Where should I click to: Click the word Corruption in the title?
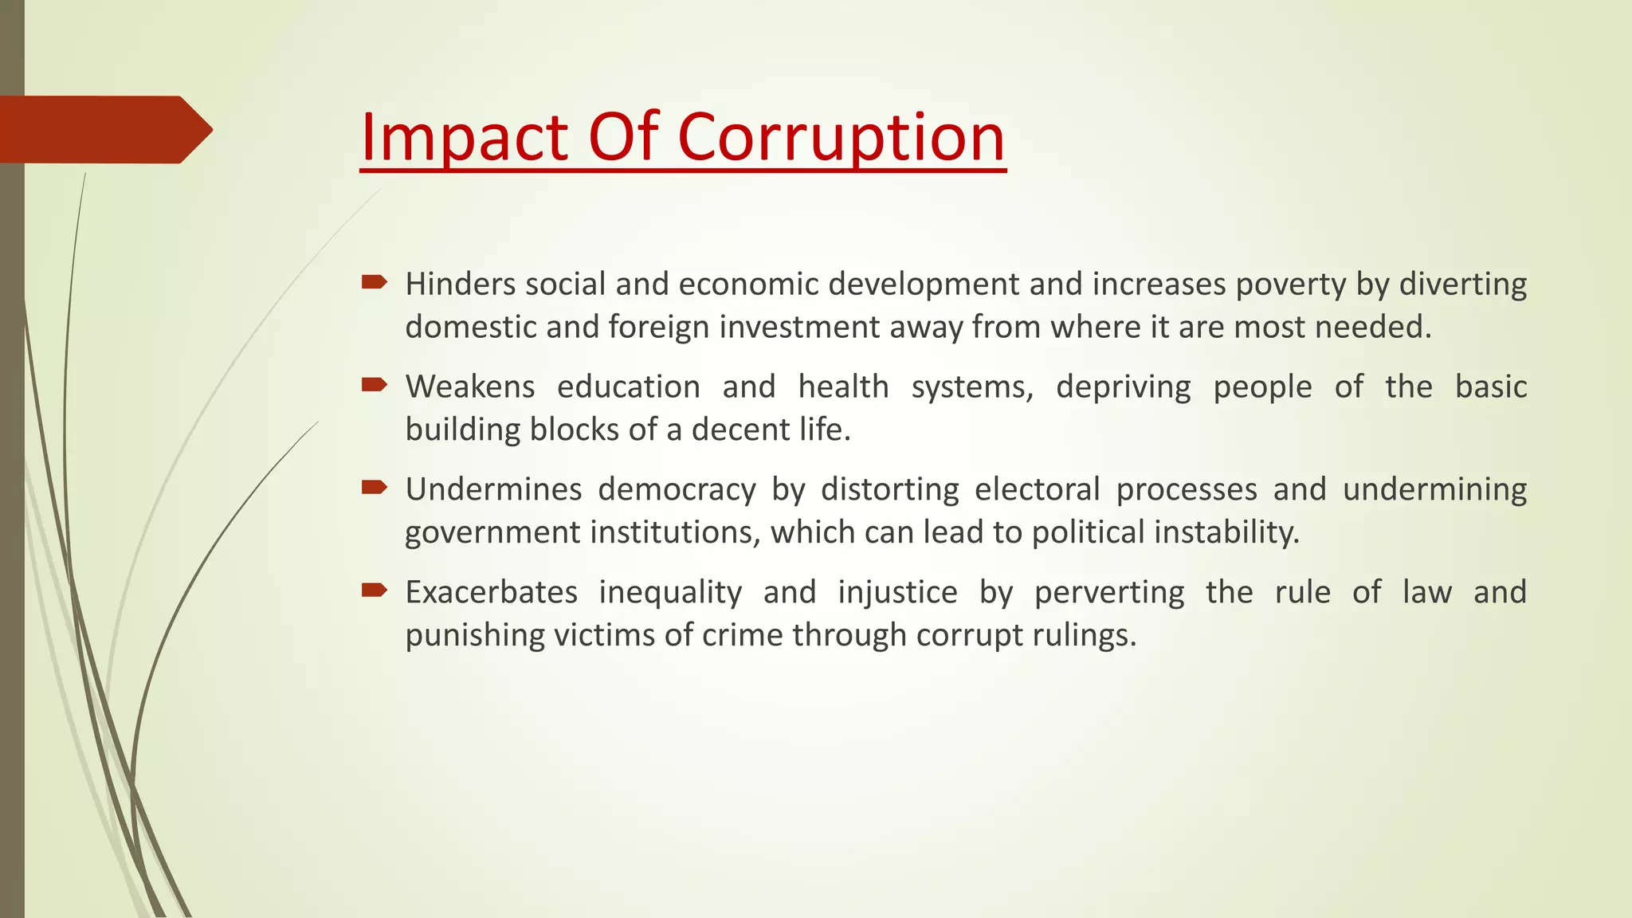pyautogui.click(x=841, y=137)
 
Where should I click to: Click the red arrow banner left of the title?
pyautogui.click(x=104, y=130)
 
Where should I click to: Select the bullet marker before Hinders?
pyautogui.click(x=374, y=282)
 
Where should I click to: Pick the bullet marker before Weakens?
pyautogui.click(x=374, y=386)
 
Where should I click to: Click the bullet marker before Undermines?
pyautogui.click(x=374, y=488)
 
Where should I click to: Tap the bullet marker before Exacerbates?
pyautogui.click(x=374, y=590)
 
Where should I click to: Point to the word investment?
pyautogui.click(x=799, y=328)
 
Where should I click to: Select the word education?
pyautogui.click(x=628, y=387)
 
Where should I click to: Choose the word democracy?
pyautogui.click(x=677, y=490)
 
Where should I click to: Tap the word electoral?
pyautogui.click(x=1037, y=489)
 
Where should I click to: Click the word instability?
pyautogui.click(x=1226, y=532)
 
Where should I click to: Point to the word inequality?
pyautogui.click(x=670, y=593)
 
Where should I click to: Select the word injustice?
pyautogui.click(x=897, y=593)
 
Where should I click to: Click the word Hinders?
pyautogui.click(x=461, y=284)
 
